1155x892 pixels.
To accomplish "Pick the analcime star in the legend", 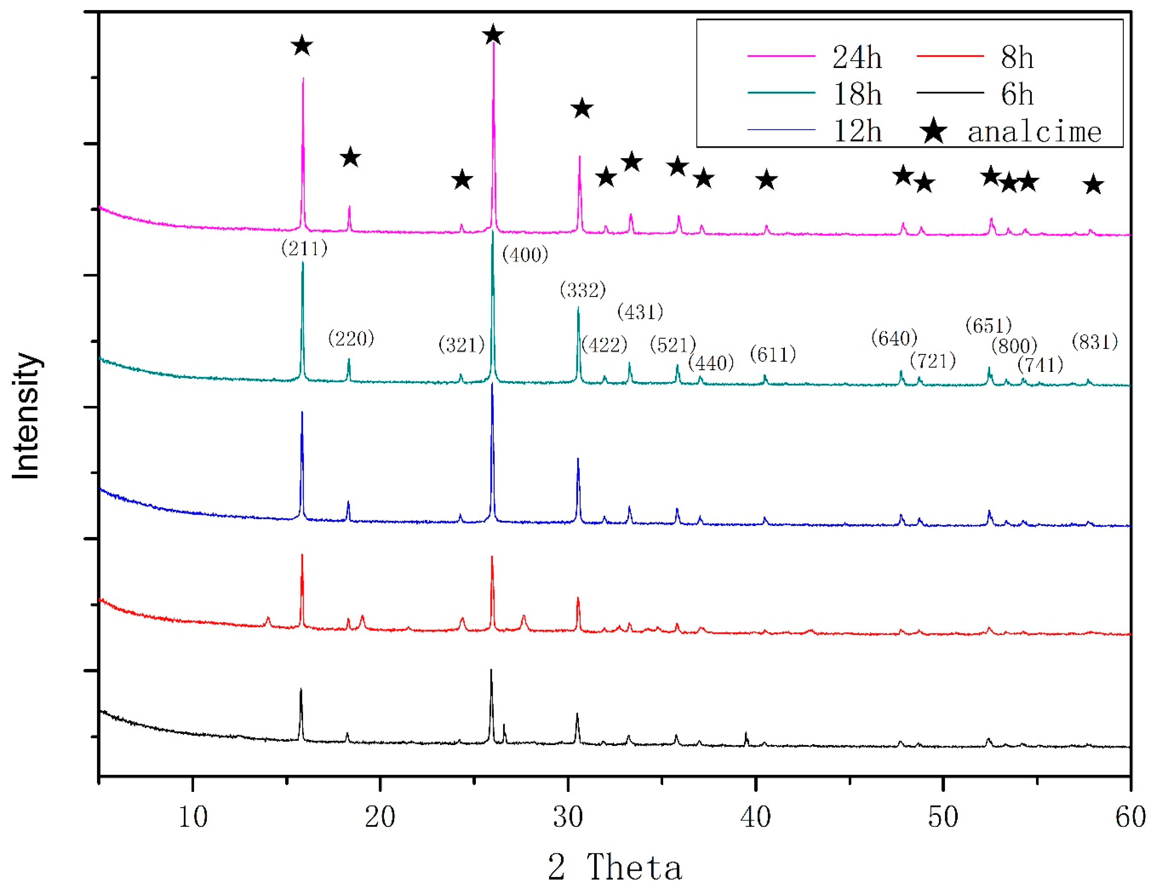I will (x=933, y=131).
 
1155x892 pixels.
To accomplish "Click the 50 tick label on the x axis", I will (x=943, y=817).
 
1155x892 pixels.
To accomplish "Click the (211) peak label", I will (x=304, y=248).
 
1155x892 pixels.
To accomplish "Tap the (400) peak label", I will (x=525, y=255).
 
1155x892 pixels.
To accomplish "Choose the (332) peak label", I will (x=582, y=290).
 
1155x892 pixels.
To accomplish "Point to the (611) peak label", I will (x=773, y=354).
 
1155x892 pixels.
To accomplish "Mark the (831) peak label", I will (x=1094, y=342).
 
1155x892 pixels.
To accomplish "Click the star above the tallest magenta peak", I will (x=493, y=36).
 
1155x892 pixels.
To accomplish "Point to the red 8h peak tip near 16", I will (x=302, y=555).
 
